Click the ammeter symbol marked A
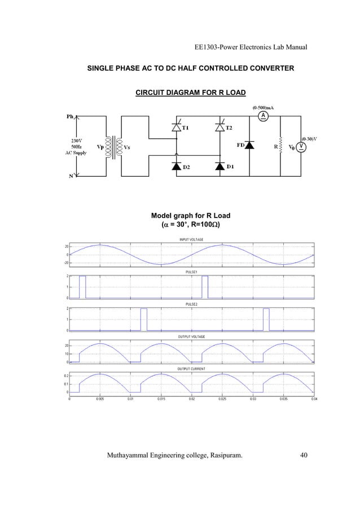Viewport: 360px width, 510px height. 262,116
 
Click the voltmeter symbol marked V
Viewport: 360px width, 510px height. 302,146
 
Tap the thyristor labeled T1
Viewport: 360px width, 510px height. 175,128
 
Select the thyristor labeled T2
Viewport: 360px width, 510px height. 219,128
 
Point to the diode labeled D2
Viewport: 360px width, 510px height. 175,167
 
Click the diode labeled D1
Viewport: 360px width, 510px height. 219,167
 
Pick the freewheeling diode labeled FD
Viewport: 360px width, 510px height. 249,146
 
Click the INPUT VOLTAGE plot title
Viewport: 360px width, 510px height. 191,239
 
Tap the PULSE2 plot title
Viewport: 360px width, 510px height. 191,304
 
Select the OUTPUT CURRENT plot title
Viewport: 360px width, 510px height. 191,368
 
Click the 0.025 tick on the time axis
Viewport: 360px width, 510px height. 222,398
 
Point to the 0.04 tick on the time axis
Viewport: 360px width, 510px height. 314,398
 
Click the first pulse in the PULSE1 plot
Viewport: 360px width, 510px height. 82,287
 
